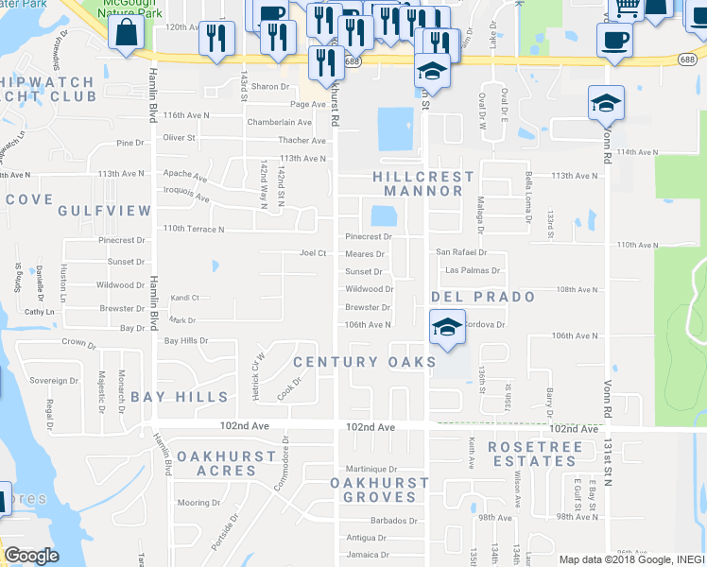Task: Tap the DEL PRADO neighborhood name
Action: [x=483, y=297]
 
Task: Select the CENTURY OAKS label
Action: [x=365, y=362]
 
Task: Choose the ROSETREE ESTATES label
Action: [x=534, y=454]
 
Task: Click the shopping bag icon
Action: [x=126, y=34]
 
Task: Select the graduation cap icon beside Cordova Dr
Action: [x=447, y=326]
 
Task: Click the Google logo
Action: [x=31, y=556]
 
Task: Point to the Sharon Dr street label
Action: [x=269, y=87]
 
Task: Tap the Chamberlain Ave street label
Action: [x=279, y=122]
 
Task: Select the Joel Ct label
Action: [x=313, y=253]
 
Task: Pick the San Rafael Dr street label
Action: [x=461, y=252]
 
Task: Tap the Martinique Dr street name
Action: [x=371, y=469]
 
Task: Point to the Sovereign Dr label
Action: [x=53, y=381]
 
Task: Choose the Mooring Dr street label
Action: [x=198, y=503]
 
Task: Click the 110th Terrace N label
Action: [x=194, y=229]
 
